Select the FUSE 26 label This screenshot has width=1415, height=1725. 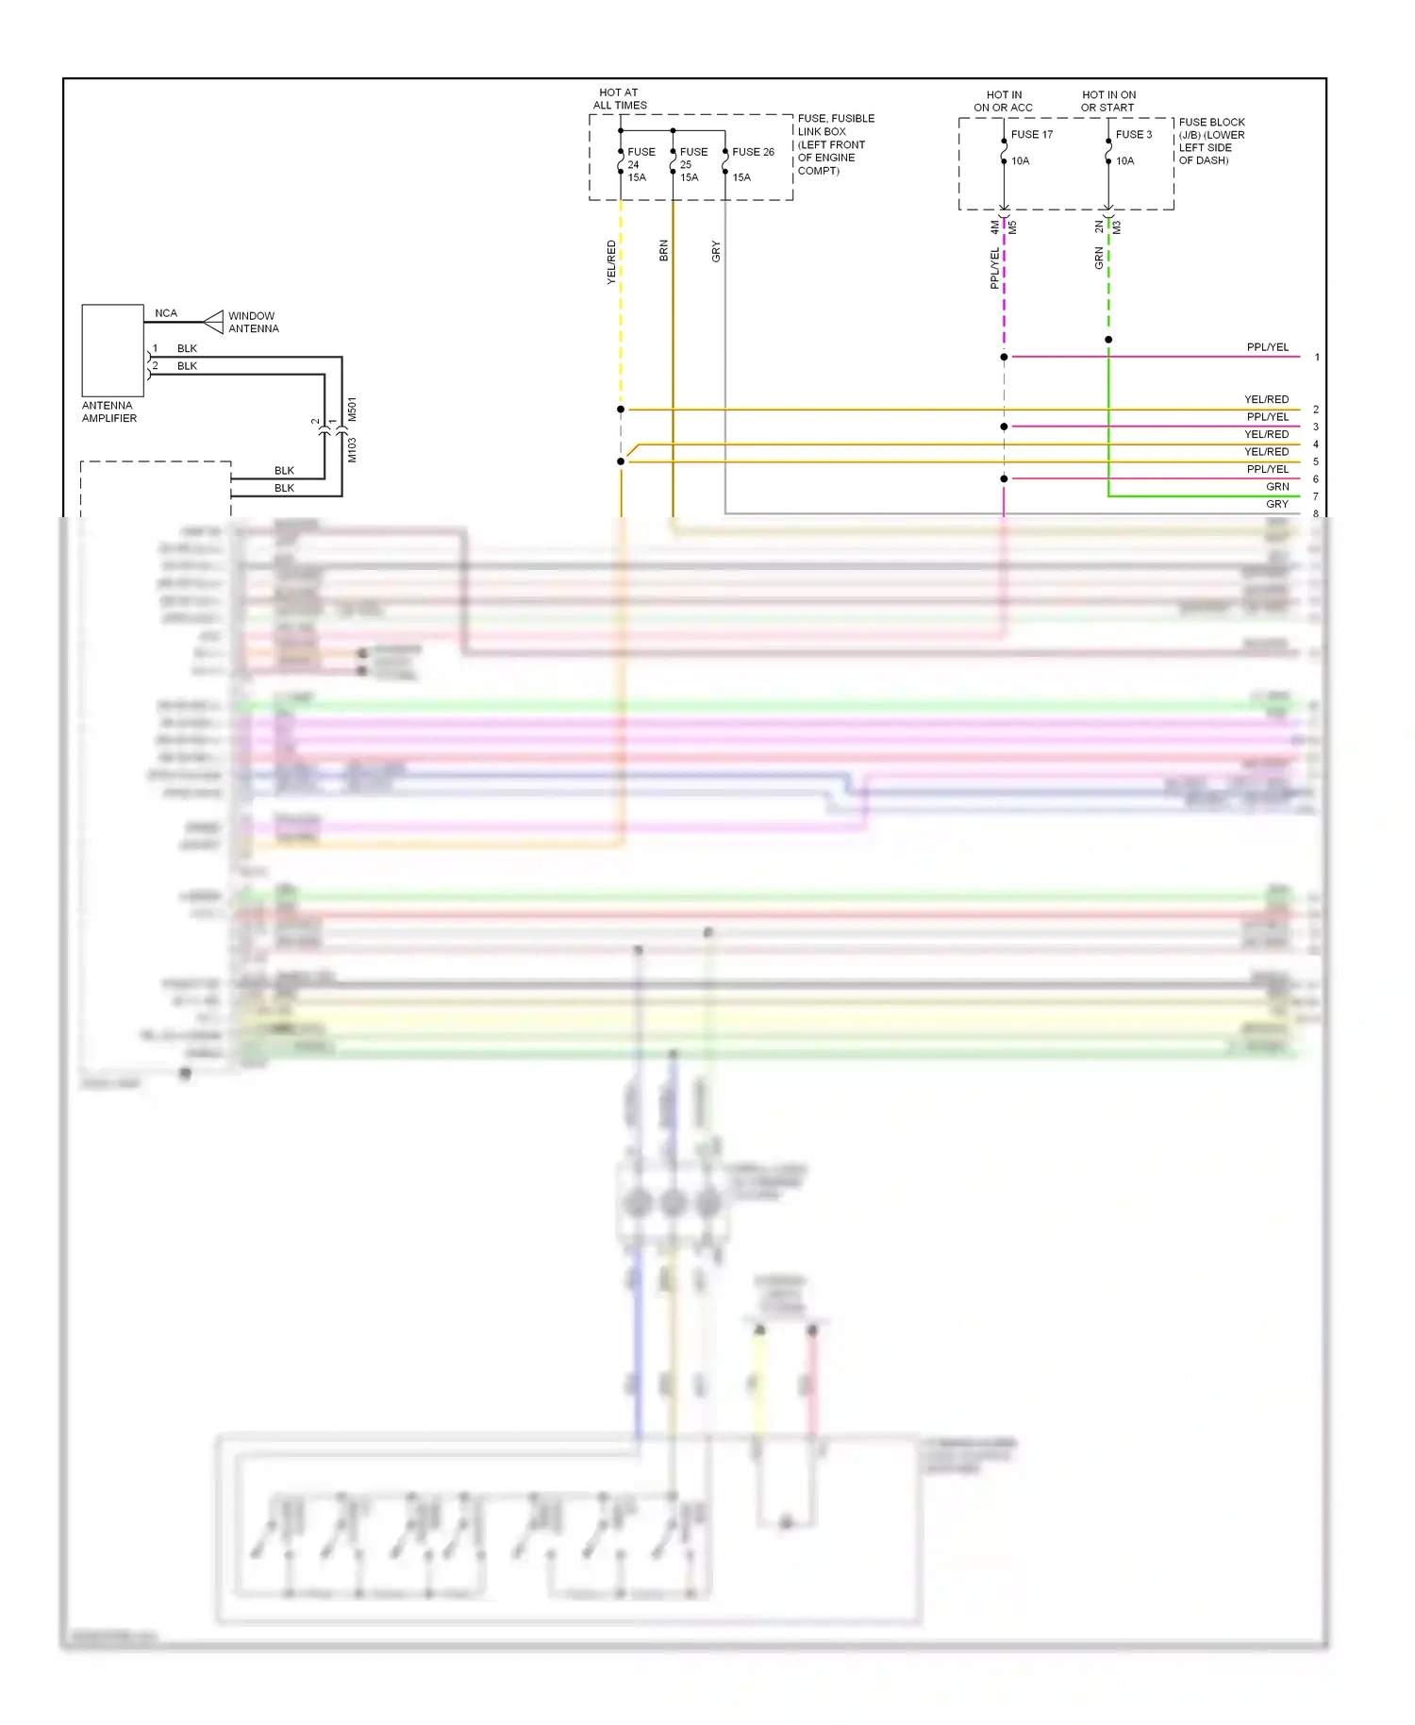coord(753,152)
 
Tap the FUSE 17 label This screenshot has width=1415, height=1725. coord(1031,135)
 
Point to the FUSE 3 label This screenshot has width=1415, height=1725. coord(1133,135)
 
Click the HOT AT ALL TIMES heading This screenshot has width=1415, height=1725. coord(619,99)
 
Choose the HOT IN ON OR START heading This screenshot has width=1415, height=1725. coord(1108,101)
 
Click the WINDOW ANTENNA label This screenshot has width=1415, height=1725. coord(253,323)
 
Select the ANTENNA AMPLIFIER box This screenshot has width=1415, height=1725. coord(112,350)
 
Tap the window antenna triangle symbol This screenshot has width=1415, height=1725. coord(214,322)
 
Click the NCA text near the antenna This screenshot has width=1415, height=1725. coord(166,313)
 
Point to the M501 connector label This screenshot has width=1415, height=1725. coord(352,409)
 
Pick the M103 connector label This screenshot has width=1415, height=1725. coord(352,449)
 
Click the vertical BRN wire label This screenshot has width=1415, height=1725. coord(663,250)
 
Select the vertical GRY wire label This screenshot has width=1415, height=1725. coord(716,251)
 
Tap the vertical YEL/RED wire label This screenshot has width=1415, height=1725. coord(611,262)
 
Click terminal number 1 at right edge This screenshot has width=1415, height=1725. coord(1317,358)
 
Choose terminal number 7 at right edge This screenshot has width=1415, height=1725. coord(1316,496)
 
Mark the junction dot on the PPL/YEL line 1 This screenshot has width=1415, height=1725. coord(1004,357)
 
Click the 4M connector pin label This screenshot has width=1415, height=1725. coord(994,227)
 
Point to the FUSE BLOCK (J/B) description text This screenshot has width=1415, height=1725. coord(1211,142)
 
